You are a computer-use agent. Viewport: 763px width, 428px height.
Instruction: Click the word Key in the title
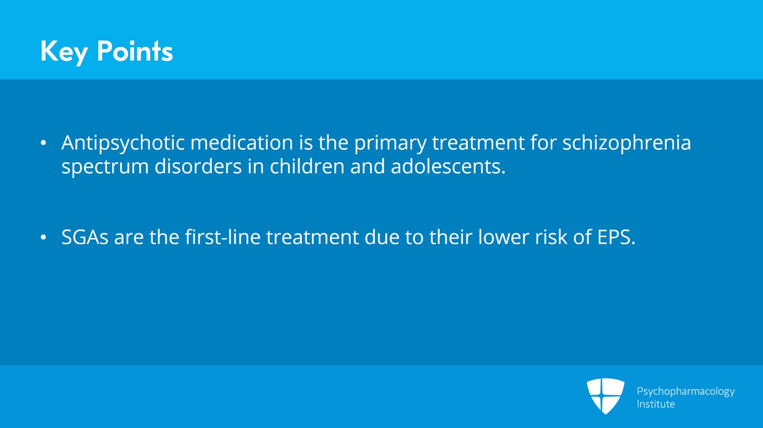(x=64, y=52)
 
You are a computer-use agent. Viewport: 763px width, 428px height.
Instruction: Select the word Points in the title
(x=135, y=51)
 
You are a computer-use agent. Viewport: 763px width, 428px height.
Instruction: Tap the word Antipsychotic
(x=123, y=143)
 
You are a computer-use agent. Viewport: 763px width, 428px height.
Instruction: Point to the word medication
(x=241, y=142)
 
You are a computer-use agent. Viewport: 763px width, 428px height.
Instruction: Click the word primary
(x=390, y=143)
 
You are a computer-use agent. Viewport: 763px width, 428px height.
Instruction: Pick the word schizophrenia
(x=627, y=143)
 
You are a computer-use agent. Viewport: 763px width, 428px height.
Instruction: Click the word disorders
(x=198, y=167)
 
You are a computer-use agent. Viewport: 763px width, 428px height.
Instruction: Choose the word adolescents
(x=448, y=167)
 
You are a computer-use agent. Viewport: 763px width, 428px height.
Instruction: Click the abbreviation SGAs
(x=85, y=237)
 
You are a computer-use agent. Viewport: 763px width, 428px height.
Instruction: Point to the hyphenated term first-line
(x=223, y=237)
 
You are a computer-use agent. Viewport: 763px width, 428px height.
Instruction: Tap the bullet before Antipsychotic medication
(x=43, y=143)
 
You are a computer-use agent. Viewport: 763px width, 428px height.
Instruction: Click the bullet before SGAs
(x=43, y=238)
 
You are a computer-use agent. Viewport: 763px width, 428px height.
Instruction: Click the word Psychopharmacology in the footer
(x=686, y=392)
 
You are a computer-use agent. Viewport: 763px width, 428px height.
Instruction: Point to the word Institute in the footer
(x=656, y=404)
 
